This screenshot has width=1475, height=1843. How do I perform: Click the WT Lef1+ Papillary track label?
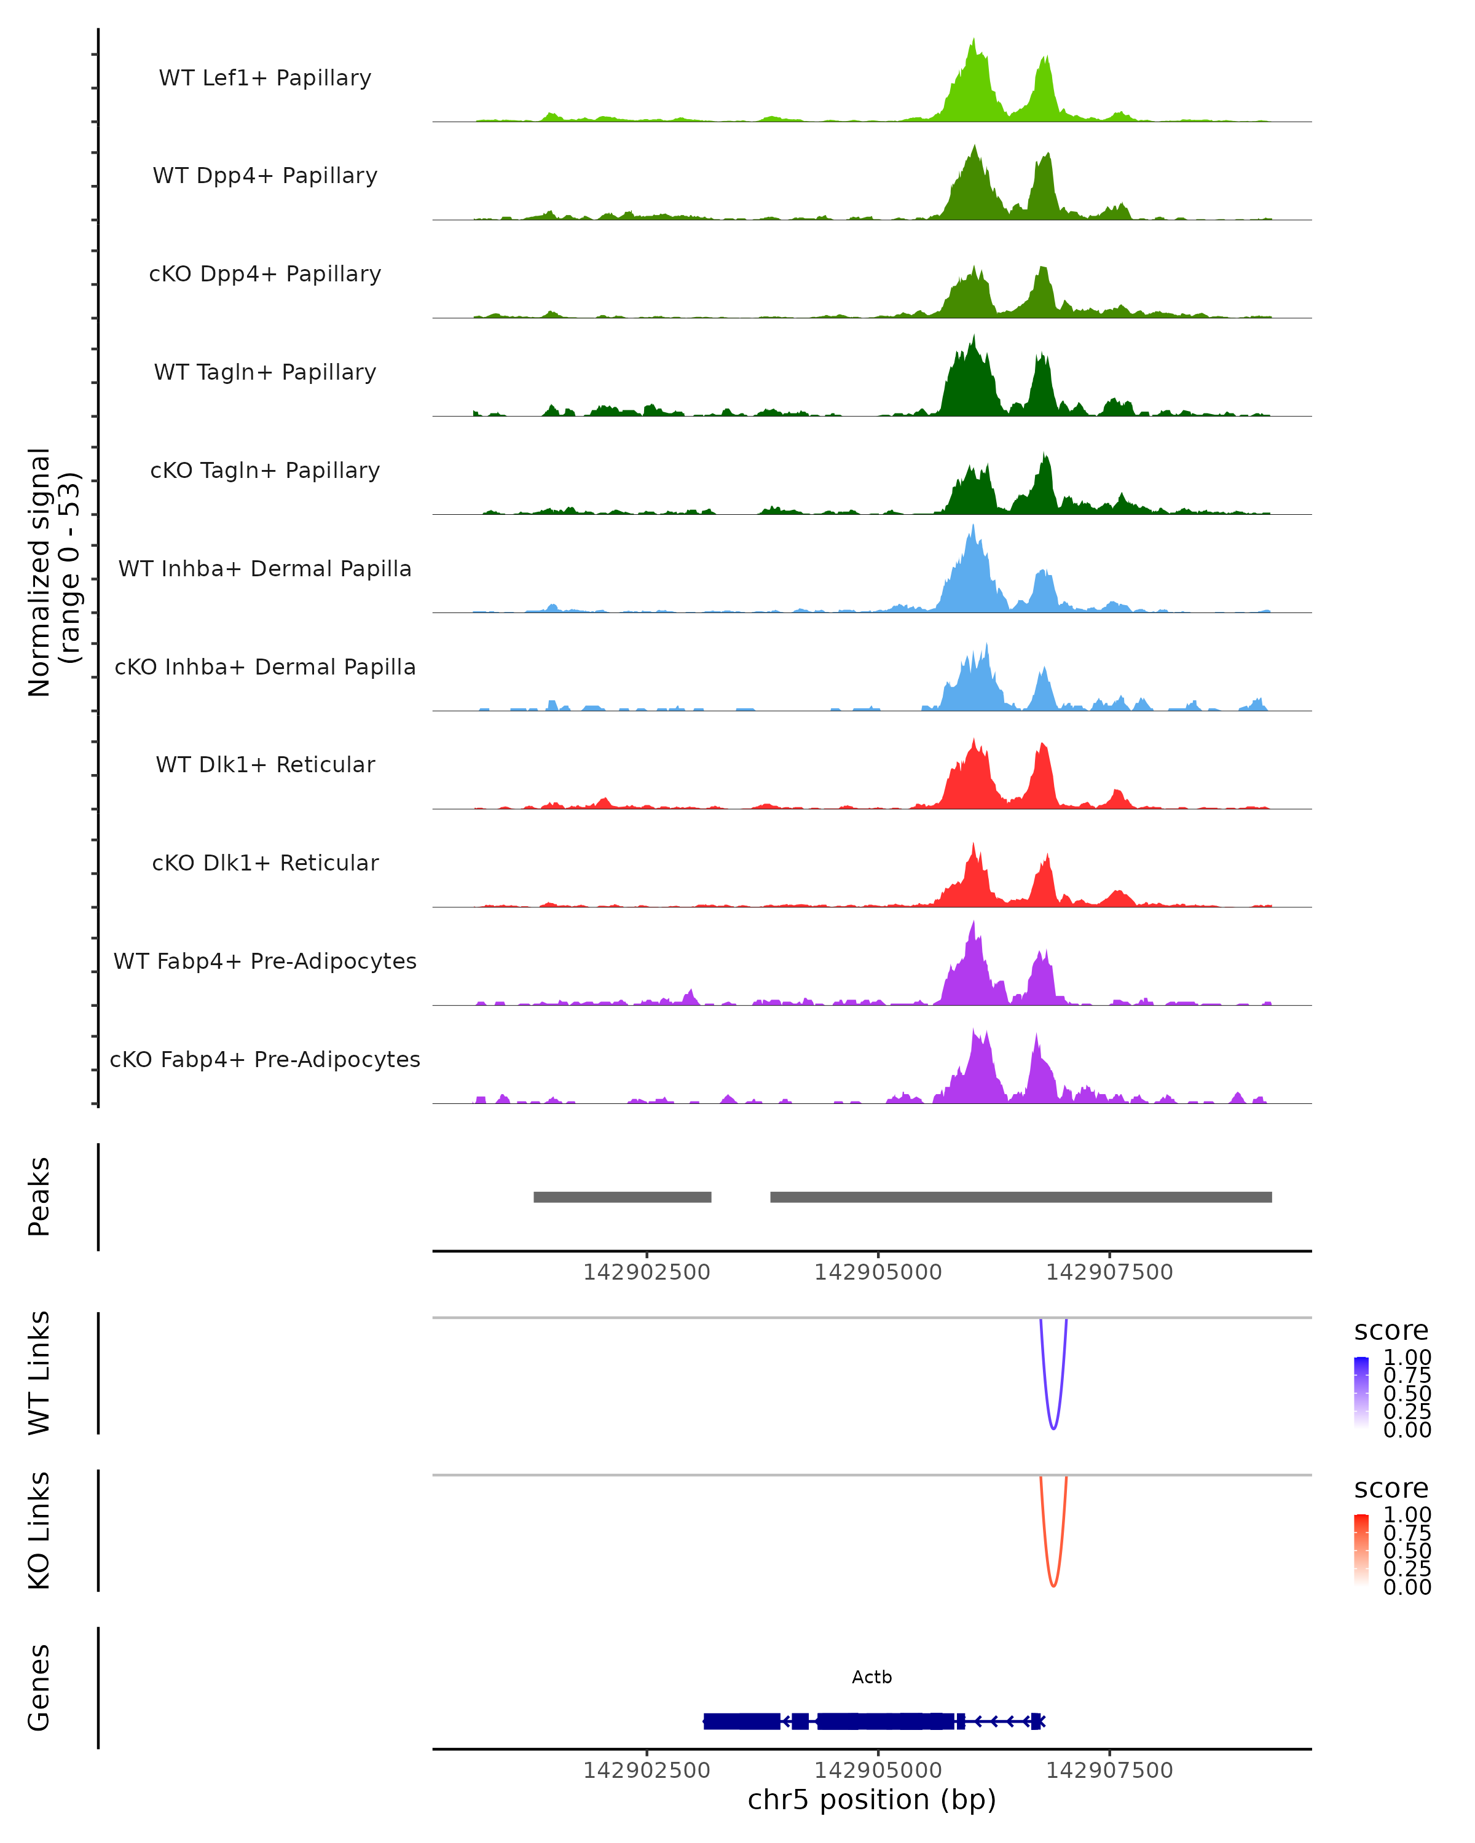coord(265,78)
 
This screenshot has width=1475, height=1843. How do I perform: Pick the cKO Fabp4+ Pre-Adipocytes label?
coord(265,1059)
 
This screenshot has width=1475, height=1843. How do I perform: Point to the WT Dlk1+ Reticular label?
coord(265,764)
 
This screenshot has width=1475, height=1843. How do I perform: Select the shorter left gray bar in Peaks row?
coord(623,1197)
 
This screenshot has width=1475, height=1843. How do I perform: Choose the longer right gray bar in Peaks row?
coord(1021,1197)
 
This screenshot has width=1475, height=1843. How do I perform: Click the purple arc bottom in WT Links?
coord(1053,1428)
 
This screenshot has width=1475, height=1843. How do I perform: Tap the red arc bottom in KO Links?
coord(1053,1586)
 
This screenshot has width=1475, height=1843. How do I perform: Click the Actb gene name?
coord(871,1677)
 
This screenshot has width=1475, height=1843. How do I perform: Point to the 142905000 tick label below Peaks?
coord(878,1272)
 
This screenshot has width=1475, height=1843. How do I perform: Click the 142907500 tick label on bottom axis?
coord(1109,1771)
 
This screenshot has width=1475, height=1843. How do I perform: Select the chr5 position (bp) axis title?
coord(871,1800)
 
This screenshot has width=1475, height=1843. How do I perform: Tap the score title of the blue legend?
coord(1391,1331)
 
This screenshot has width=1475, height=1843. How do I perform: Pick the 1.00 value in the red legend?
coord(1407,1515)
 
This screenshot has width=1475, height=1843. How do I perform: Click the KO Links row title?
coord(39,1530)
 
